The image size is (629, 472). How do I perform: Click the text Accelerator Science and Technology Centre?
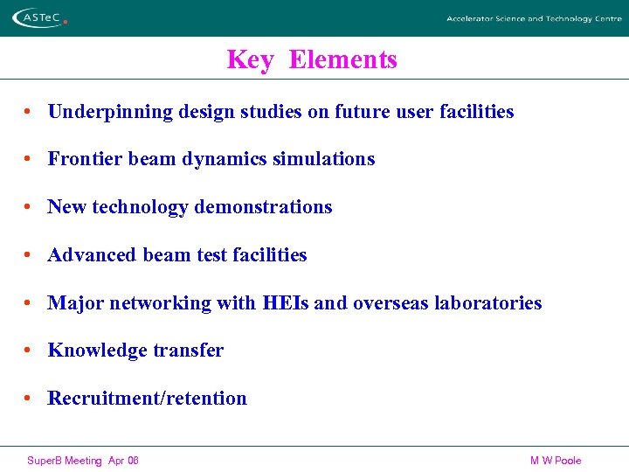(x=534, y=18)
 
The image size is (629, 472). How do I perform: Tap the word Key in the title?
(x=250, y=59)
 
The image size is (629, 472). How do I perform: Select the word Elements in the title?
(x=342, y=59)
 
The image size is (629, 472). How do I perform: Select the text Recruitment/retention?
(x=147, y=399)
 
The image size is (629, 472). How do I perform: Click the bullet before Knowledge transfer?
(x=29, y=351)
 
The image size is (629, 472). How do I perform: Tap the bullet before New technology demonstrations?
(x=29, y=207)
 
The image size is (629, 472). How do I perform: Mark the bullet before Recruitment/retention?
(x=29, y=399)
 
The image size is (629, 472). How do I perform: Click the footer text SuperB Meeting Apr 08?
(x=83, y=461)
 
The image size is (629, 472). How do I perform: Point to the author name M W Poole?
(x=555, y=461)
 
